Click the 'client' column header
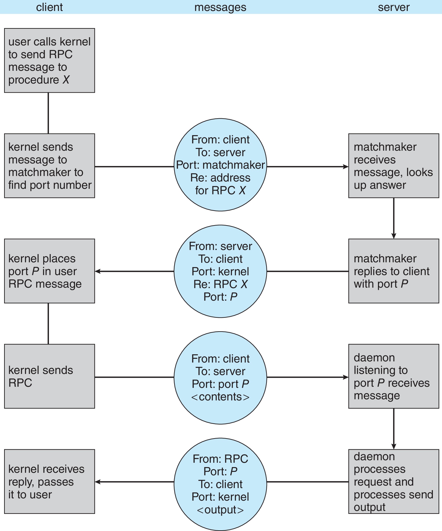pyautogui.click(x=49, y=7)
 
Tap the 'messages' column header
pyautogui.click(x=220, y=7)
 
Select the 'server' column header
pyautogui.click(x=394, y=7)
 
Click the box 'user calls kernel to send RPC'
pyautogui.click(x=49, y=60)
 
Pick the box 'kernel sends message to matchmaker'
pyautogui.click(x=49, y=166)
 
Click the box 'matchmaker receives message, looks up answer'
pyautogui.click(x=394, y=166)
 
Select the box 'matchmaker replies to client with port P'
pyautogui.click(x=394, y=271)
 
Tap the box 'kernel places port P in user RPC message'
pyautogui.click(x=49, y=271)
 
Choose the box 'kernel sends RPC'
pyautogui.click(x=49, y=376)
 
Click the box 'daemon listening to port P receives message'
pyautogui.click(x=394, y=376)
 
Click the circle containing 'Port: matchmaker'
pyautogui.click(x=220, y=165)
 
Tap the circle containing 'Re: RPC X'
pyautogui.click(x=220, y=271)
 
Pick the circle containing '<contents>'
pyautogui.click(x=220, y=378)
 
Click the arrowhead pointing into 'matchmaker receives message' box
pyautogui.click(x=346, y=167)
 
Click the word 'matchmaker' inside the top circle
pyautogui.click(x=233, y=165)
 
